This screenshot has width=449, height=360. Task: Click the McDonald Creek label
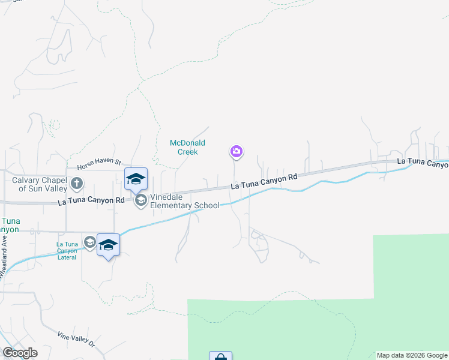click(x=187, y=147)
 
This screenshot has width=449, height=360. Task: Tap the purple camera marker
click(x=237, y=151)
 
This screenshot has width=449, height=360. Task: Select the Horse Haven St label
click(x=99, y=163)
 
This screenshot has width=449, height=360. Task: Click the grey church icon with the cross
click(x=76, y=183)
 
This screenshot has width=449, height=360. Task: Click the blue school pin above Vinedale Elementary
click(x=136, y=178)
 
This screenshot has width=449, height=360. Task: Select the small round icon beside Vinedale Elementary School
click(x=141, y=200)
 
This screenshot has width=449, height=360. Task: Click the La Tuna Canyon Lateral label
click(x=67, y=250)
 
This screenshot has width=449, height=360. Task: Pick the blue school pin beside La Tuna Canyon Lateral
click(x=108, y=245)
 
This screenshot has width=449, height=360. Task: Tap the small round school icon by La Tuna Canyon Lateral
click(x=90, y=242)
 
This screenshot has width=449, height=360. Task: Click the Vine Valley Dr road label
click(x=76, y=339)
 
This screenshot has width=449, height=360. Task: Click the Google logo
click(x=20, y=353)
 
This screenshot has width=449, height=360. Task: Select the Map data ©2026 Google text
click(x=411, y=355)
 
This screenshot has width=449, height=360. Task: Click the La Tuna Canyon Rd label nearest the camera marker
click(x=264, y=181)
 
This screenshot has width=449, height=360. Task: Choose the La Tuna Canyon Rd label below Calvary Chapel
click(x=91, y=200)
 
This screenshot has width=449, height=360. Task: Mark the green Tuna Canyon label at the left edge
click(x=9, y=225)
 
